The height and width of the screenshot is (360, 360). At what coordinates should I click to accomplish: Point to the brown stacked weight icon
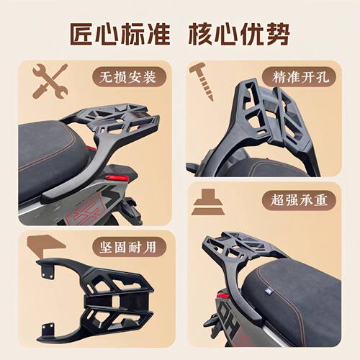(209, 201)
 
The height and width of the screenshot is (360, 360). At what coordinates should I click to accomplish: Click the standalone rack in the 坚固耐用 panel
(97, 295)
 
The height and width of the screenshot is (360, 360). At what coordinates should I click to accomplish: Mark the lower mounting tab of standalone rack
(49, 328)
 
